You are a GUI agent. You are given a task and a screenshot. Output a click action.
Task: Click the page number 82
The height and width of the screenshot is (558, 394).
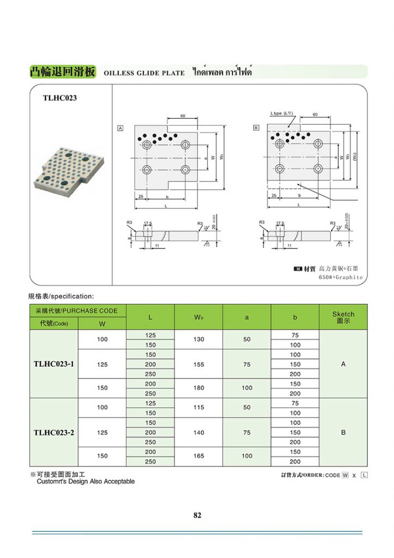tap(197, 515)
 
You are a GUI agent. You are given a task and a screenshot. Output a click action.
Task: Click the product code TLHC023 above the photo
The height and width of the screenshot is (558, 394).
tap(60, 98)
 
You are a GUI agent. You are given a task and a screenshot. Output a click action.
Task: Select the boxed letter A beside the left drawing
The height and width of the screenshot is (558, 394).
tap(120, 128)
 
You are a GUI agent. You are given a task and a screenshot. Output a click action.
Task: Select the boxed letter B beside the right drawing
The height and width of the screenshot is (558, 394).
tap(256, 128)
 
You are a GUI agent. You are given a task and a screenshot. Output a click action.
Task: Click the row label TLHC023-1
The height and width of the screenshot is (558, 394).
tap(54, 363)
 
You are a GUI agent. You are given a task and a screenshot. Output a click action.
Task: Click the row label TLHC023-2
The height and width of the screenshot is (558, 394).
tap(54, 432)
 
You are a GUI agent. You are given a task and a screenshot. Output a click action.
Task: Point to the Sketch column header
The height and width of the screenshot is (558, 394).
tap(343, 317)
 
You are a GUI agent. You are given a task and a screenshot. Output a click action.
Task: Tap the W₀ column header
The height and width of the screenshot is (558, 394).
tap(199, 317)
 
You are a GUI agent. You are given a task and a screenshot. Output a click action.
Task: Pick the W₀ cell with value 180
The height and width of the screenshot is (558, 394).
tap(199, 388)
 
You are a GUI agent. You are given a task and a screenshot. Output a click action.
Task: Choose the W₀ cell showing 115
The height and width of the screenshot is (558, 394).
tap(199, 408)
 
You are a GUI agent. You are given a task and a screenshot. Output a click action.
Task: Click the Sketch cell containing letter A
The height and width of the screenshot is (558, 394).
tap(343, 364)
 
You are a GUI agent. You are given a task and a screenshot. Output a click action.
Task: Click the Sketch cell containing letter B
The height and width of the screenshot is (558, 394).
tap(343, 432)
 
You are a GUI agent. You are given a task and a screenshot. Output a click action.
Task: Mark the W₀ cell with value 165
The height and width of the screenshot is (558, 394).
tap(199, 456)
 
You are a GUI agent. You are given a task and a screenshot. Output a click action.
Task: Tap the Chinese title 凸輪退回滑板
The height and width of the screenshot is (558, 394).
tap(63, 72)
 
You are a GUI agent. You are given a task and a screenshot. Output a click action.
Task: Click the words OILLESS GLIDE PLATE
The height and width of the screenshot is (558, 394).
tap(144, 73)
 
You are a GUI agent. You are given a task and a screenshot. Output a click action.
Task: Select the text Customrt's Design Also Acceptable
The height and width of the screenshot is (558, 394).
tap(85, 482)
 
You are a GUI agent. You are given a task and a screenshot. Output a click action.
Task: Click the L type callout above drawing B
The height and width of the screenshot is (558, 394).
tap(281, 113)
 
